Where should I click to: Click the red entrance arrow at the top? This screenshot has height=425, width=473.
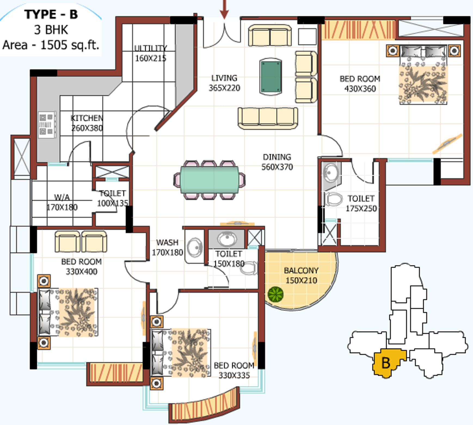224,10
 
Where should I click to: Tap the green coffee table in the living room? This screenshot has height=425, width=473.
271,77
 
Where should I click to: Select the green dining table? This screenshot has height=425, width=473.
209,180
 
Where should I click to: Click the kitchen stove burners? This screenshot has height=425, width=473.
47,125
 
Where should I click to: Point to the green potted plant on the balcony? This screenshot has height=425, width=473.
276,294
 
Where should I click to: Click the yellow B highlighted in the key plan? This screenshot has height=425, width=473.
386,363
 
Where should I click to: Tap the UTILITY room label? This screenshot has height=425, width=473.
150,48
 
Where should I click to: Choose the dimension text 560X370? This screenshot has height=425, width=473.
277,167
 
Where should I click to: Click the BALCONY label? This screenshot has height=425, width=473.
301,271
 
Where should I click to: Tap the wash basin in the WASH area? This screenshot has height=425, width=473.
195,247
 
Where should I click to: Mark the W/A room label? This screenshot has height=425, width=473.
62,197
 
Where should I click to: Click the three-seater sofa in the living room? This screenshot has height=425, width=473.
268,118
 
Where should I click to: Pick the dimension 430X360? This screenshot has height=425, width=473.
360,89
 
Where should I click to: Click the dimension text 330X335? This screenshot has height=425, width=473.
234,375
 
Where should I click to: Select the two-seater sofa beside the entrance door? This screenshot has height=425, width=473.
270,35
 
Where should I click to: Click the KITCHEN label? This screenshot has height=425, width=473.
87,118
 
